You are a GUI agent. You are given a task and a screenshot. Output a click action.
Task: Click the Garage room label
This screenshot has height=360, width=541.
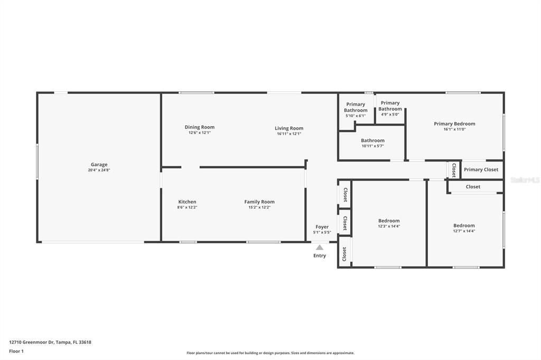click(x=99, y=165)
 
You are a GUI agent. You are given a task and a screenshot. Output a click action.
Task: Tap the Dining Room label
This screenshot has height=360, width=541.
click(x=199, y=127)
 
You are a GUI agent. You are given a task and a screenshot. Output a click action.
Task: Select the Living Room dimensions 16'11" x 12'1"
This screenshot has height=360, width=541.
click(x=289, y=134)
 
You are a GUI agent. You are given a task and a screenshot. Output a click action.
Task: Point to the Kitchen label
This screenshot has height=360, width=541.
click(x=187, y=202)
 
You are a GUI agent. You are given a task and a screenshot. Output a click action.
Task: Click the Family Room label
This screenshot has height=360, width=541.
click(x=259, y=202)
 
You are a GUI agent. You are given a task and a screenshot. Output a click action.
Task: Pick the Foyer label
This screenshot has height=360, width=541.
click(x=322, y=227)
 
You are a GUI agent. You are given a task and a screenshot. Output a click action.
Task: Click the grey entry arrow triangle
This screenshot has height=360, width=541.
click(x=320, y=247)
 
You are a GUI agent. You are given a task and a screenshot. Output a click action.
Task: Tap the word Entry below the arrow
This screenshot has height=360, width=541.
click(x=320, y=256)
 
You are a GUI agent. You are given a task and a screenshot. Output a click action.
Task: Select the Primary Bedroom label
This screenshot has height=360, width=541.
click(x=454, y=124)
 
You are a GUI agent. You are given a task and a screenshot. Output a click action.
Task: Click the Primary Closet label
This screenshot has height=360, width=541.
click(x=481, y=170)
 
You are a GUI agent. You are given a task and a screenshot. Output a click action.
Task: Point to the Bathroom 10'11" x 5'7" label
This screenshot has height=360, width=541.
click(x=372, y=141)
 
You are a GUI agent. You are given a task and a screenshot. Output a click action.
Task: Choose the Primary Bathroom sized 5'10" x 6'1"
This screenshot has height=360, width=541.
click(x=356, y=108)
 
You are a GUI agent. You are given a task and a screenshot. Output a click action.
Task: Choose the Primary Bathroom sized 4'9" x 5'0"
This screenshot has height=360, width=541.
click(x=390, y=106)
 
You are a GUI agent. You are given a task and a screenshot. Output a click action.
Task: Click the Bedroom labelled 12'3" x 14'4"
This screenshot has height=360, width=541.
click(x=389, y=221)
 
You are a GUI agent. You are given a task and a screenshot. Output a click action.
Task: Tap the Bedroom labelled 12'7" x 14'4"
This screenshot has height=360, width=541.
click(x=464, y=225)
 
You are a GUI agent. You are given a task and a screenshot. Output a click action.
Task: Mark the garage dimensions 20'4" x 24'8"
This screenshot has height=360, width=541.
click(x=99, y=170)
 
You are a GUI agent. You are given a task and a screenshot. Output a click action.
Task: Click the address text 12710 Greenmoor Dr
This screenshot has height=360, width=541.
click(x=50, y=342)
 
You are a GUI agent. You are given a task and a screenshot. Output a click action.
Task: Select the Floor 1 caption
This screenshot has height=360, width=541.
click(x=16, y=351)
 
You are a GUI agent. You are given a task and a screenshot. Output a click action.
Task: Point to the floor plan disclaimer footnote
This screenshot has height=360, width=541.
click(x=270, y=353)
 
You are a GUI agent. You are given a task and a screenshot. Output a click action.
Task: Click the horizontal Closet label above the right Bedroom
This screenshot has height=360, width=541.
click(x=473, y=187)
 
